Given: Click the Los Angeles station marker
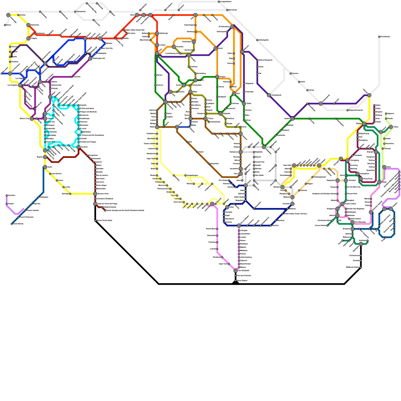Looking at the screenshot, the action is point(20,85).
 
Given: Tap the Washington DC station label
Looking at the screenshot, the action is point(99,58).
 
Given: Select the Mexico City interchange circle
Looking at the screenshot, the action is point(32,119).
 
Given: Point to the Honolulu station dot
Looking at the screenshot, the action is point(7,195).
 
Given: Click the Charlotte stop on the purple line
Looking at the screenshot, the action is point(72,77).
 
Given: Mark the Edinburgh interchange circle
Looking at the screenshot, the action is point(157,33).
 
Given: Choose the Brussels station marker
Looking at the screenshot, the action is point(174,47).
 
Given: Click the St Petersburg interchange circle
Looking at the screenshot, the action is point(232,27).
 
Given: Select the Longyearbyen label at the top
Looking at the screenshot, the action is point(226,2).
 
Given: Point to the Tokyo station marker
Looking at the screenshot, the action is point(391,127).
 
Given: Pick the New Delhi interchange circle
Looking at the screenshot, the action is point(294,165).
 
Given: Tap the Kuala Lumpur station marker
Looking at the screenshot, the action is point(343,204).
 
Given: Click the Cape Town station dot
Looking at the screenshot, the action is point(229,264).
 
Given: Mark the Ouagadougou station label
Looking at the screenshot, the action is point(192,175).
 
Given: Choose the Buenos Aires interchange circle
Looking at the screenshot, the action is point(95,194).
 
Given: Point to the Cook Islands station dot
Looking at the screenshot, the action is point(12,224).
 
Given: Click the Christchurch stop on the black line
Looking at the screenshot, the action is point(361,256).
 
